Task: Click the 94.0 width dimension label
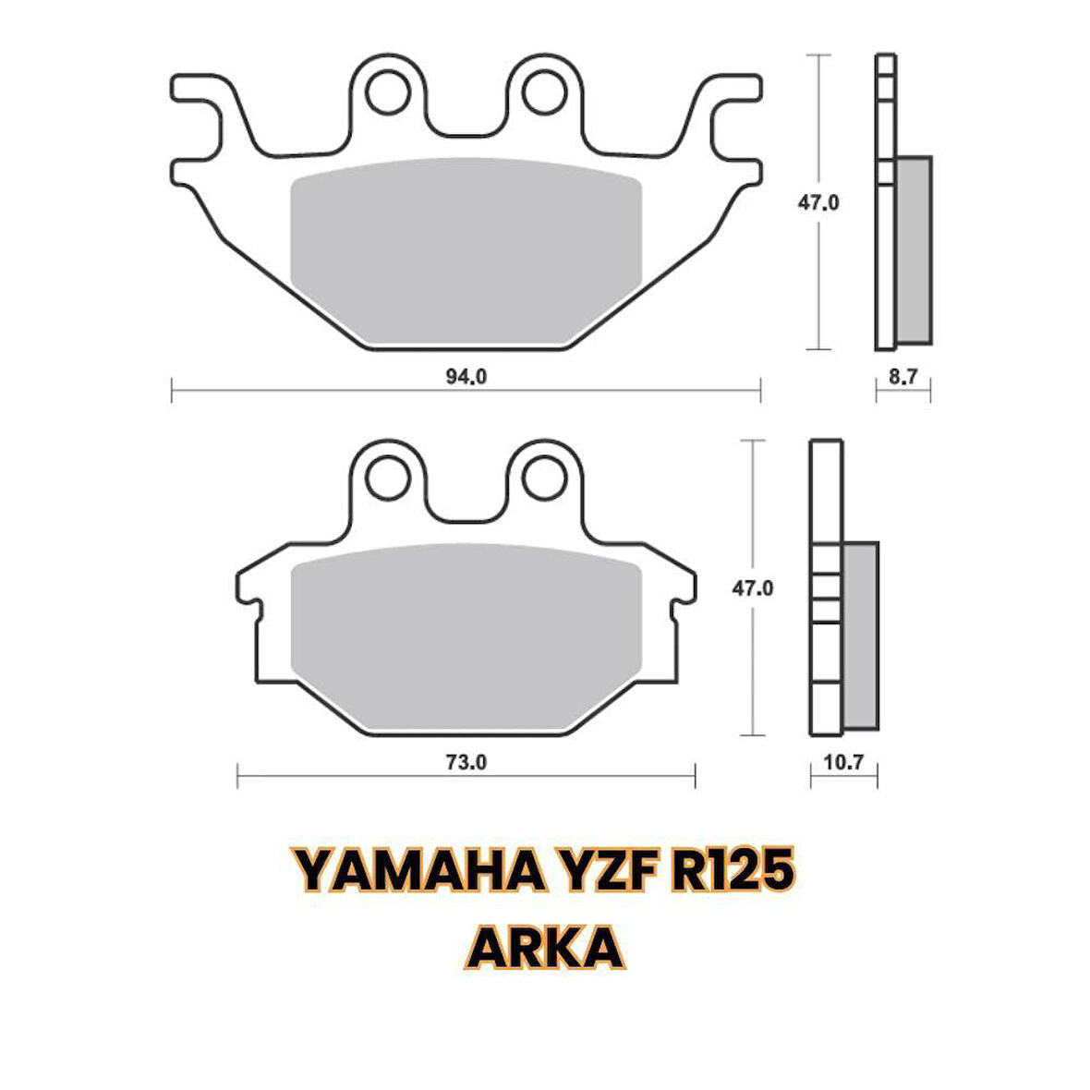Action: pos(466,377)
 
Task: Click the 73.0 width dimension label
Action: pos(466,763)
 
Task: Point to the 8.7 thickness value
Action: pos(902,377)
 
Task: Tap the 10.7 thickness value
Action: pos(843,763)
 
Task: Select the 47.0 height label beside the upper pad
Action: pos(818,203)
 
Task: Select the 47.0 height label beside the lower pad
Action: pos(753,588)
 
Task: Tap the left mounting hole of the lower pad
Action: pos(388,478)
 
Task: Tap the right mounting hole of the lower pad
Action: pos(544,478)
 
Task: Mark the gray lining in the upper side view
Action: pos(914,249)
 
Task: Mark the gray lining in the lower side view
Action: pos(860,635)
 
